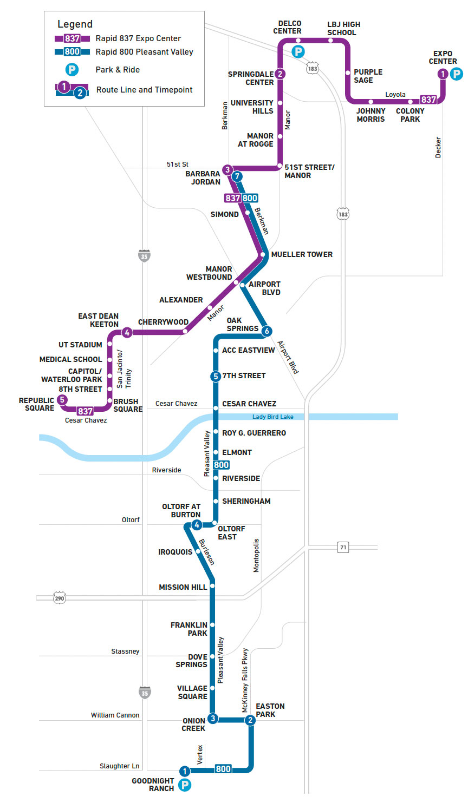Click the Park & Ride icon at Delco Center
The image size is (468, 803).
(x=298, y=51)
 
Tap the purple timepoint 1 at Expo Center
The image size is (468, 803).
(x=443, y=74)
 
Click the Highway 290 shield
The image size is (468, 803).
(x=60, y=598)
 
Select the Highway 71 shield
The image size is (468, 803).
(x=343, y=547)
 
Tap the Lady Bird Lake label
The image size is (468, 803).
(x=272, y=417)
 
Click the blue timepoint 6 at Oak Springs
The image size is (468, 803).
(x=266, y=331)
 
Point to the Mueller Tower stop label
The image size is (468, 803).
(x=302, y=254)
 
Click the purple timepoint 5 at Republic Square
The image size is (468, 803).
(x=62, y=400)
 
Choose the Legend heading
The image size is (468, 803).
(x=75, y=24)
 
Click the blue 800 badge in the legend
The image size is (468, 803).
(x=72, y=52)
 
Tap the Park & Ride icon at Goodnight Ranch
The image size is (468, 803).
(x=185, y=785)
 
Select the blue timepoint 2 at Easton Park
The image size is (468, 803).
(x=250, y=720)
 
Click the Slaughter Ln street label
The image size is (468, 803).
(x=119, y=766)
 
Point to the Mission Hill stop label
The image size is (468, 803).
(x=183, y=587)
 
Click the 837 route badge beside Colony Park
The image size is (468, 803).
(x=428, y=100)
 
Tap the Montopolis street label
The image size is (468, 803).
(x=256, y=555)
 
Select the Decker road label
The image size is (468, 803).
(x=438, y=147)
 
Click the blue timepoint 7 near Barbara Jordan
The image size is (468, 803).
(x=237, y=176)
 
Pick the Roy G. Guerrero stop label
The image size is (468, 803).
(x=253, y=433)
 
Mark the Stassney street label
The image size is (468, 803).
(x=125, y=651)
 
